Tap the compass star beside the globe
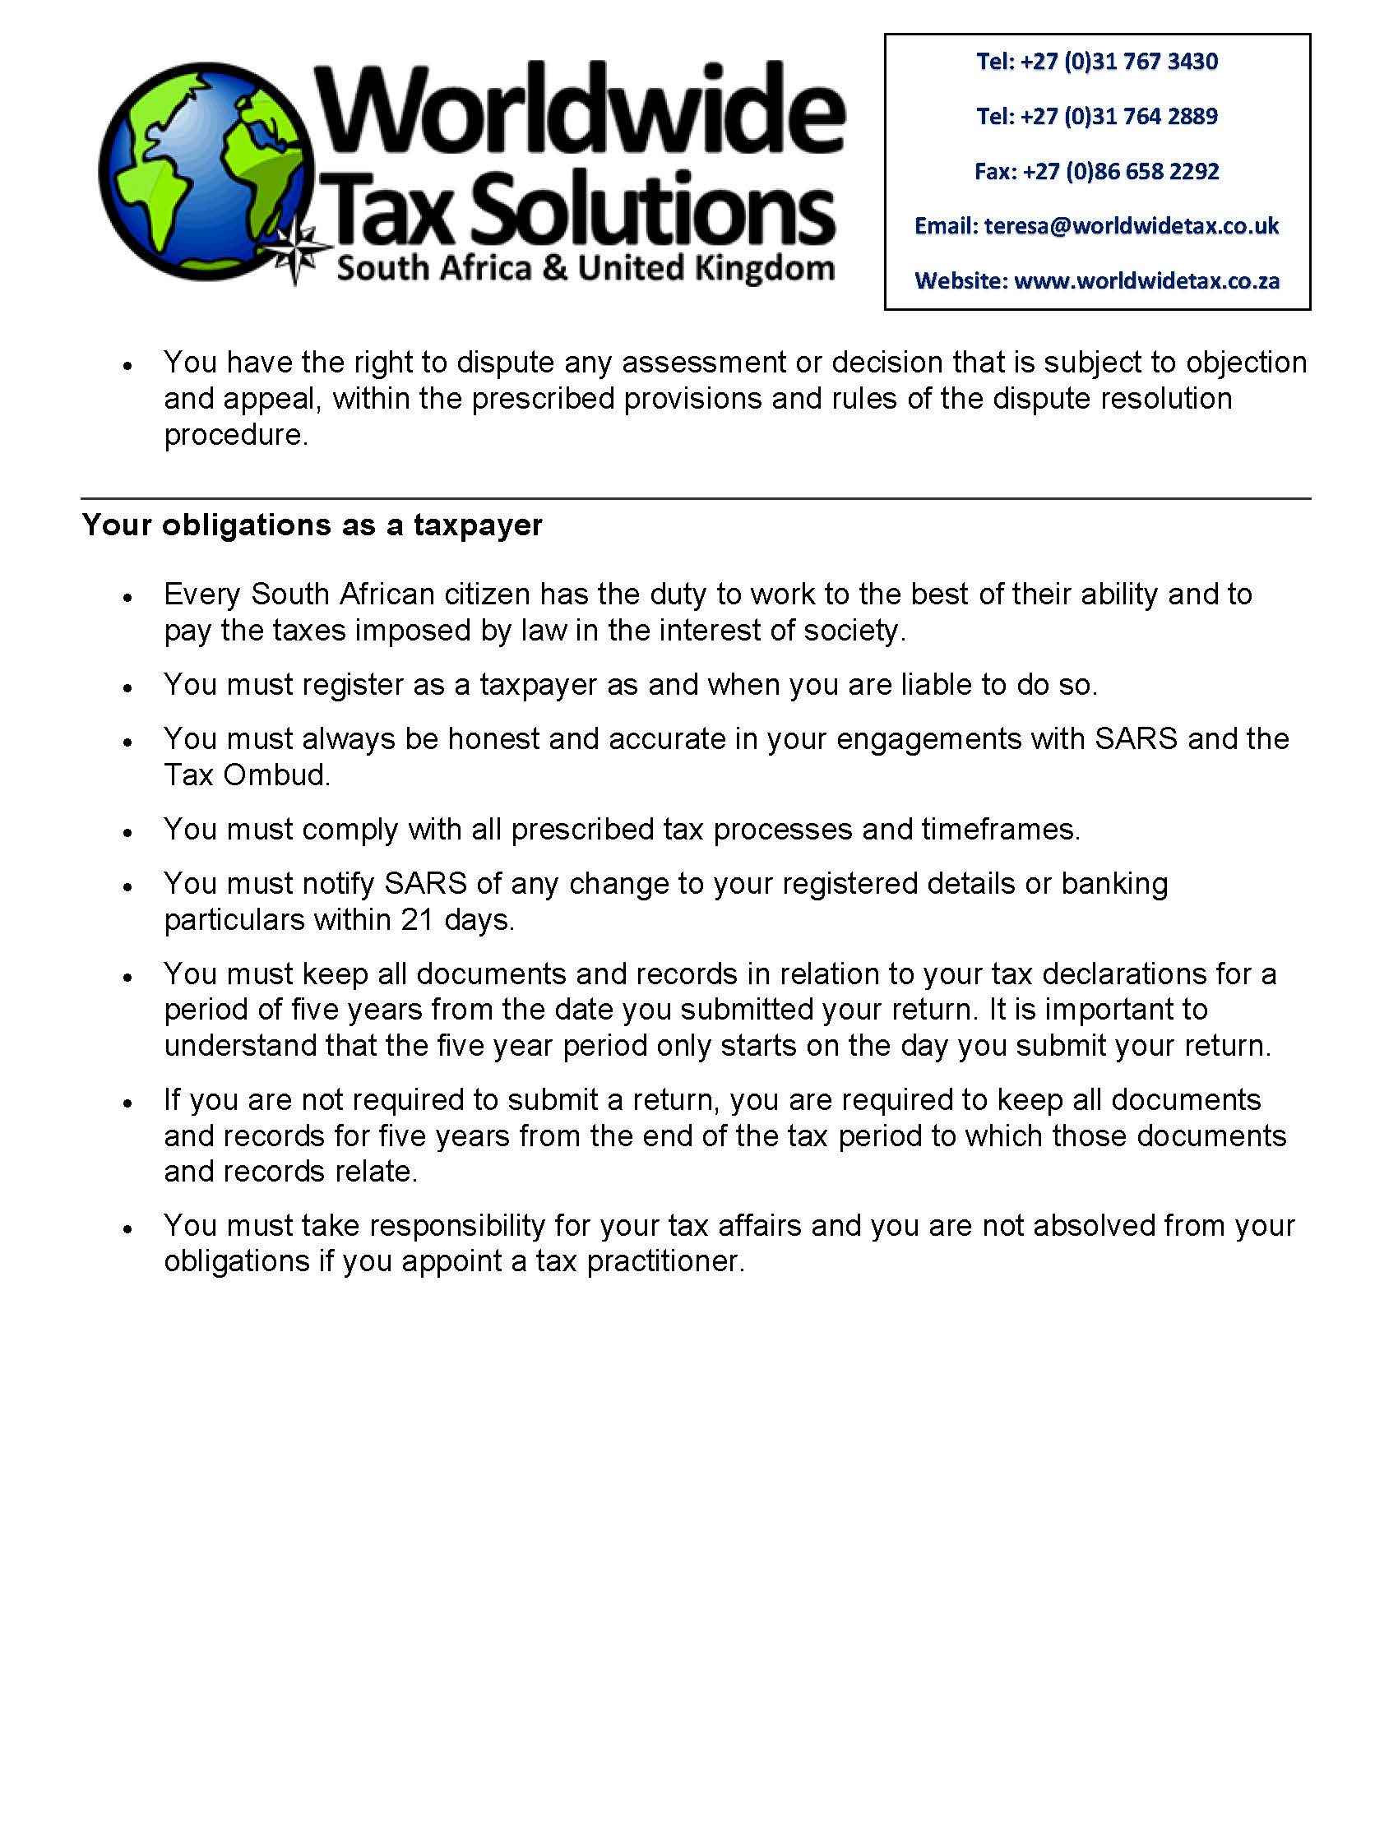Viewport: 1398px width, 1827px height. click(x=300, y=255)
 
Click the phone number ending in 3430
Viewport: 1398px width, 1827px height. click(x=1119, y=62)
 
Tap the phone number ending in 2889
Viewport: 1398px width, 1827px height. click(x=1119, y=117)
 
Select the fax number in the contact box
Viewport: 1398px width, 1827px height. click(x=1121, y=171)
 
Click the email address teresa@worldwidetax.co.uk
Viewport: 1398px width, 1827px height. click(x=1132, y=226)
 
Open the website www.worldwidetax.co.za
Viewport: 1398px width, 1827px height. click(x=1146, y=281)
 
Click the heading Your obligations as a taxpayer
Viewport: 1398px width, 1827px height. click(x=312, y=525)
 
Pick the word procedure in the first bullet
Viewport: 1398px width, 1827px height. click(x=235, y=435)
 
